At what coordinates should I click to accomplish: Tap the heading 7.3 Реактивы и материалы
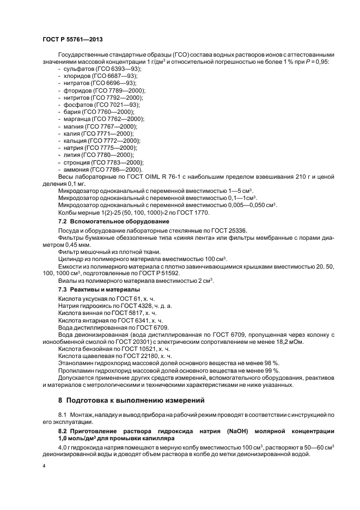[x=99, y=289]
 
